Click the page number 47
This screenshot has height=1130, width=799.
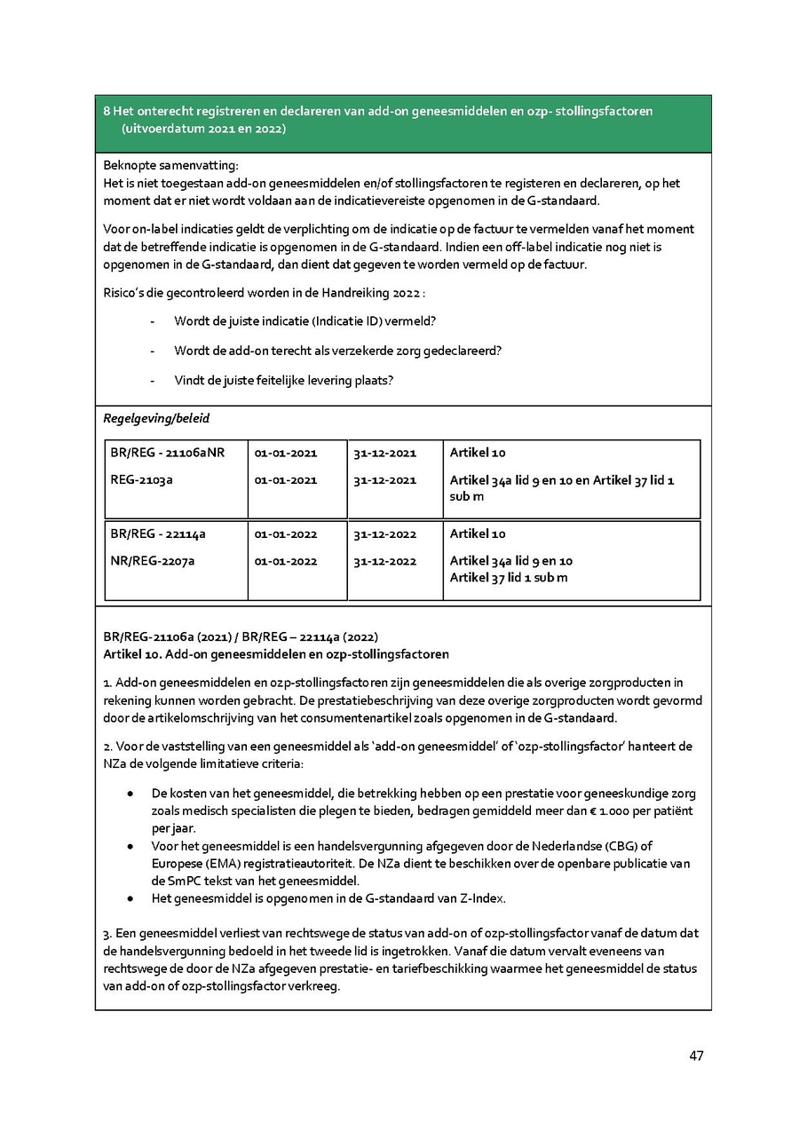coord(696,1055)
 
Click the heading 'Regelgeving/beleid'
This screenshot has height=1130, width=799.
coord(156,418)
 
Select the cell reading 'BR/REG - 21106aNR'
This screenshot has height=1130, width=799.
coord(168,453)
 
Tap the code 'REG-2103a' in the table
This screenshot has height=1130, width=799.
coord(141,480)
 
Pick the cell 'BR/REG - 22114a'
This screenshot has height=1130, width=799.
coord(158,533)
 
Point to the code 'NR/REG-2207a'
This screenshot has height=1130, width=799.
coord(152,561)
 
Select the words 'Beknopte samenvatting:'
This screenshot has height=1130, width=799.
coord(171,165)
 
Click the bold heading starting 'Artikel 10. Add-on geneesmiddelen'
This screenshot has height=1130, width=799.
coord(276,654)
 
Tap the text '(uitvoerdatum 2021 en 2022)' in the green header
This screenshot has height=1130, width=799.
coord(204,129)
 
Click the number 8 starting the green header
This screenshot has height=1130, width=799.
coord(107,111)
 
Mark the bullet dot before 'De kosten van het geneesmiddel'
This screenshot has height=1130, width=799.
coord(131,793)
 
